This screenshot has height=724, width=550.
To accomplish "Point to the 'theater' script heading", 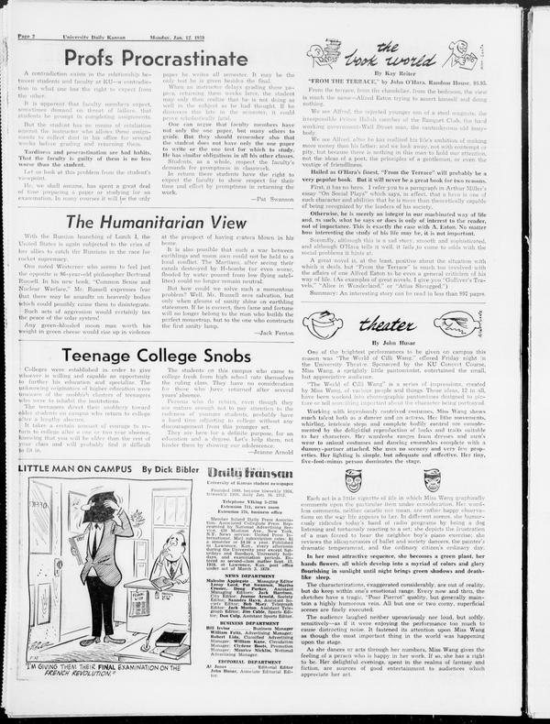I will pyautogui.click(x=386, y=323).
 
